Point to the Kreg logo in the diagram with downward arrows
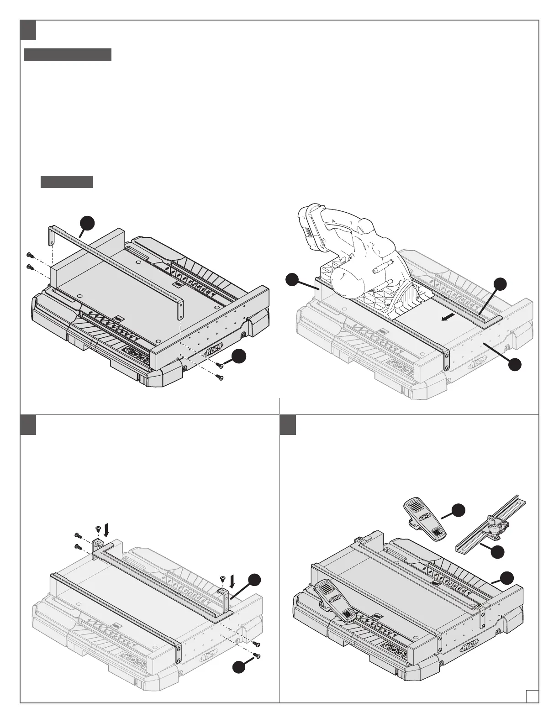(207, 658)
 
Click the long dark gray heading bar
(68, 54)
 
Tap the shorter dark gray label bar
(67, 182)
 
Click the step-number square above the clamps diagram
(288, 425)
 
